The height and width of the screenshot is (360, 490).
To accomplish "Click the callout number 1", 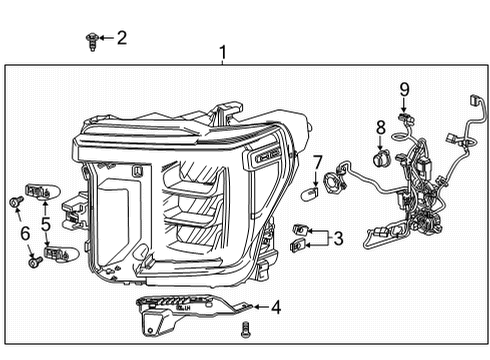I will point(224,51).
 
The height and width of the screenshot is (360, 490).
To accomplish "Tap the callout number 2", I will point(122,39).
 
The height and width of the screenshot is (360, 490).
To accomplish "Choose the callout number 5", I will point(46,224).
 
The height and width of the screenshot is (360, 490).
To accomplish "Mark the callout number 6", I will point(25,234).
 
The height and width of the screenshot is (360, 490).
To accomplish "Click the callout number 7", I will point(318,161).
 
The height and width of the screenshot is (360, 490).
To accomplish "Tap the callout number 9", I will point(405,89).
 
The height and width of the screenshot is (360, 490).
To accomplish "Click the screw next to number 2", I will point(91,40).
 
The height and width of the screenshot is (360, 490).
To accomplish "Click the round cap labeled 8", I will point(380,156).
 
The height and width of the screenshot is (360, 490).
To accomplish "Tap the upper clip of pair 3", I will point(299,230).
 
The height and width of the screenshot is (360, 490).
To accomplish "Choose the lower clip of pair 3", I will point(298,245).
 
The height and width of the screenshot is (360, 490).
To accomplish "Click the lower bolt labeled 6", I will point(34,262).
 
